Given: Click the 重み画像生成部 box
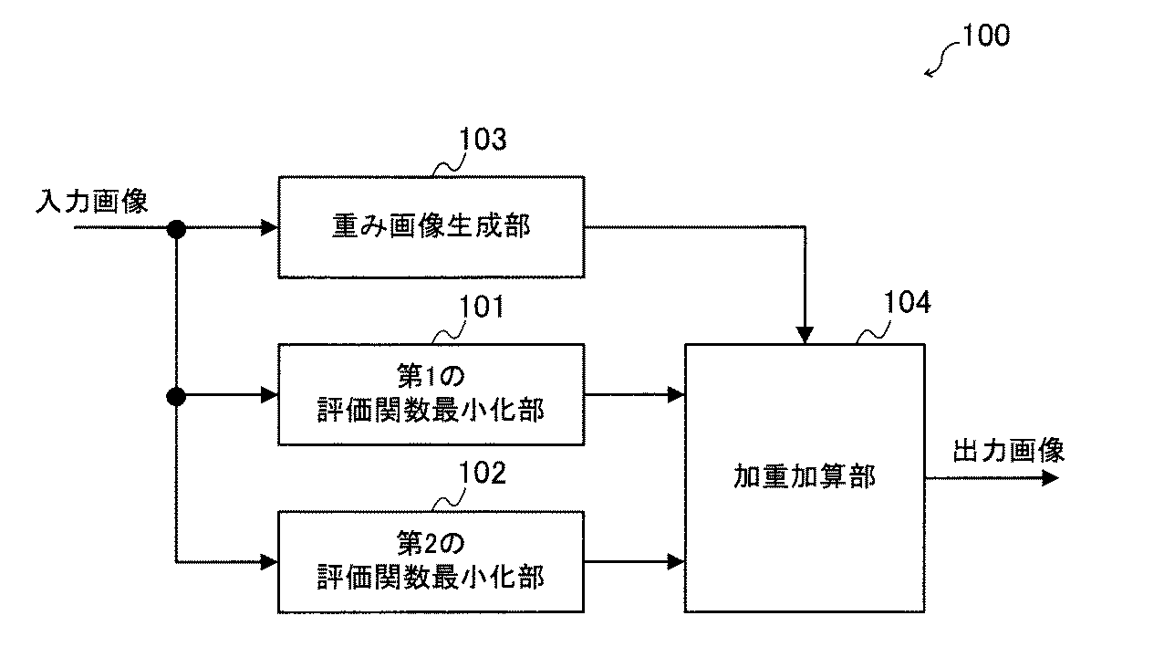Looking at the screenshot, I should pyautogui.click(x=431, y=227).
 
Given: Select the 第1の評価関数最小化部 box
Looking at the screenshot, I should pyautogui.click(x=431, y=394).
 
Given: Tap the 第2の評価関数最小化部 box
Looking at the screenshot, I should pyautogui.click(x=431, y=561).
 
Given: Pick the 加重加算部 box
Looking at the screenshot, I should pyautogui.click(x=805, y=477).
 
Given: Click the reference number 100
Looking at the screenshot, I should pyautogui.click(x=984, y=37).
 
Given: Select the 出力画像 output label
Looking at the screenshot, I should pyautogui.click(x=1008, y=451).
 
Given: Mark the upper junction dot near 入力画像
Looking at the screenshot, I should pyautogui.click(x=176, y=228).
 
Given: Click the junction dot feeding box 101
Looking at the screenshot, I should pyautogui.click(x=176, y=395).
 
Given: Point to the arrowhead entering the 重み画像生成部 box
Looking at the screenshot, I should pyautogui.click(x=269, y=228).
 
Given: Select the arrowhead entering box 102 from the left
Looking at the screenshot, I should pyautogui.click(x=269, y=561).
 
